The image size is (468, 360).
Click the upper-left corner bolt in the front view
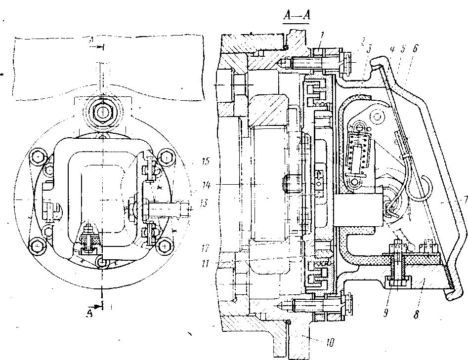[x=37, y=158]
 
